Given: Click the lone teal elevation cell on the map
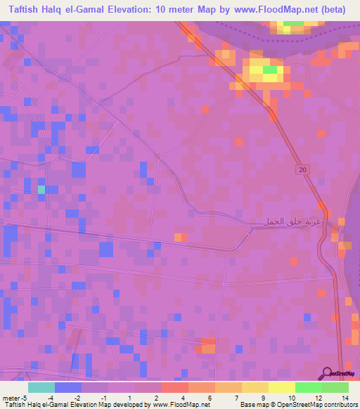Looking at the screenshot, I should point(41,189).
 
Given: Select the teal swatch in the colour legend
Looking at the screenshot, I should point(41,387).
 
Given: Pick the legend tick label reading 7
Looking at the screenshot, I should point(227,398).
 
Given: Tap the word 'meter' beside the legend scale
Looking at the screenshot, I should point(10,398).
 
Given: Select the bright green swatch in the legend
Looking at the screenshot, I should point(309,387).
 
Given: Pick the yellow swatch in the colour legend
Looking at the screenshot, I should point(281,387).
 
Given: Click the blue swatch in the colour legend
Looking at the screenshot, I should point(67,387).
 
